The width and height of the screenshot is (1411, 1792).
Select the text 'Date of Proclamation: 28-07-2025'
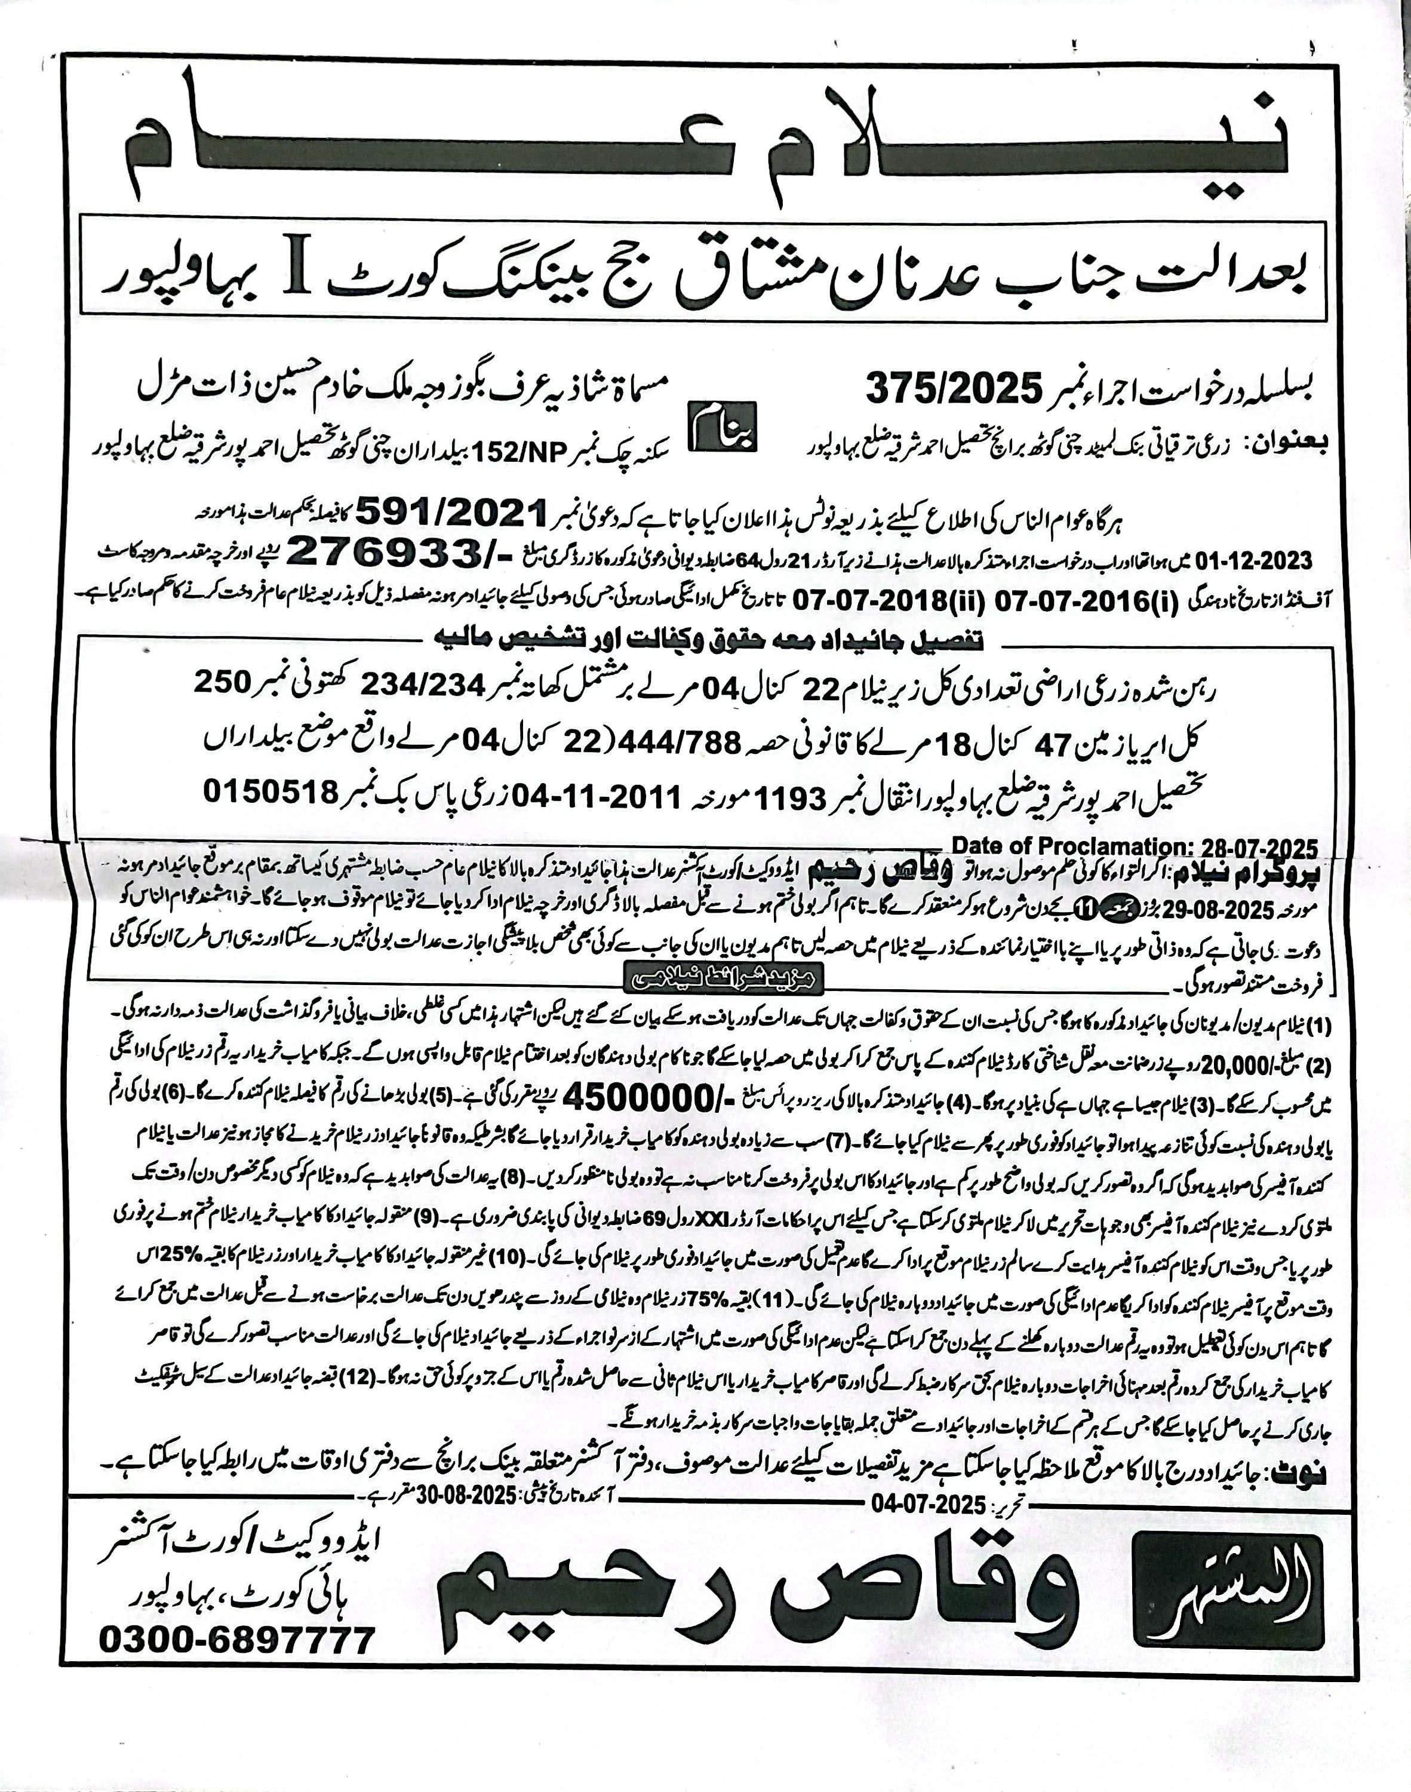1135,846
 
